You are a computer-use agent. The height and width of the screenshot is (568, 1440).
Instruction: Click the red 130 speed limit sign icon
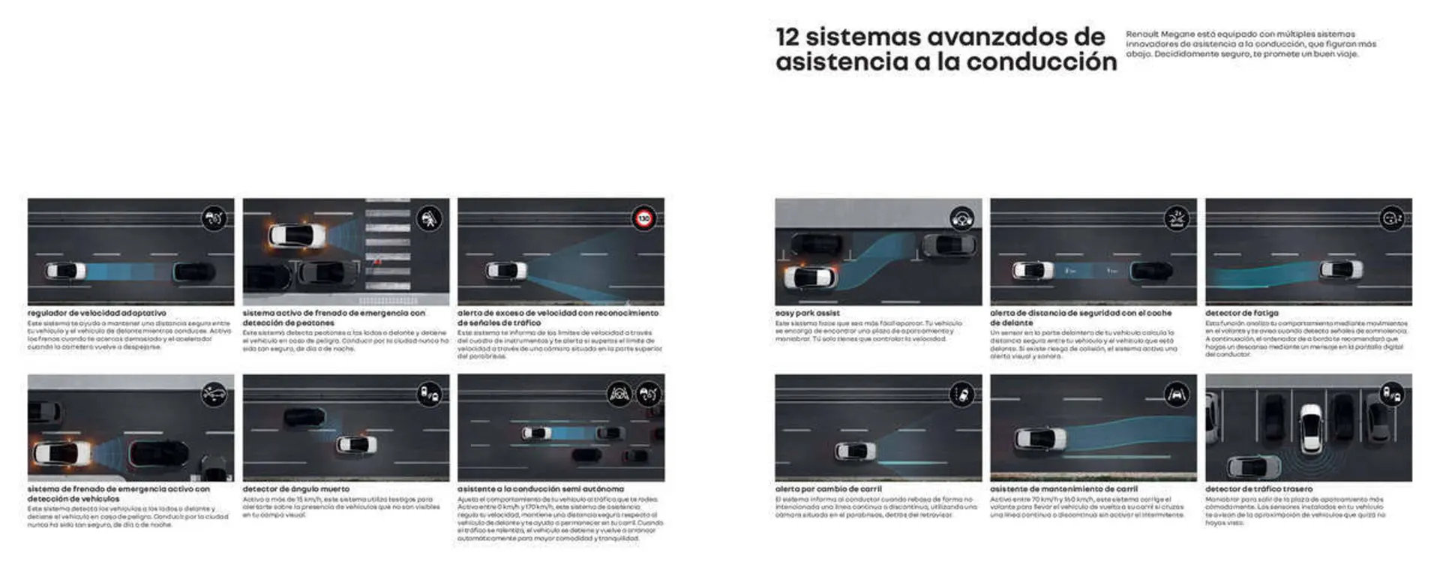[643, 219]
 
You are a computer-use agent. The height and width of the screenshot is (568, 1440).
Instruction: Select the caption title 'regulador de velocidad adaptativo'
[97, 313]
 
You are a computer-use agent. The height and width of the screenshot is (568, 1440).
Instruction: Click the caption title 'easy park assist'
[807, 313]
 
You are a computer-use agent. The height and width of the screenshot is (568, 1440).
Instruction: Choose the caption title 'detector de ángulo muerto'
[295, 488]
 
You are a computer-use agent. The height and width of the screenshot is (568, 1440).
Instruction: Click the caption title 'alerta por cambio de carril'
[828, 488]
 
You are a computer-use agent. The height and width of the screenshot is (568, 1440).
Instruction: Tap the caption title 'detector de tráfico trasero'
[1258, 488]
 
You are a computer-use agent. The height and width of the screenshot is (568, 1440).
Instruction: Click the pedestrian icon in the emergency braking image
[429, 219]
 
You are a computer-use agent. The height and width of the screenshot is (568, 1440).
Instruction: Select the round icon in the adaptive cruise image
[214, 219]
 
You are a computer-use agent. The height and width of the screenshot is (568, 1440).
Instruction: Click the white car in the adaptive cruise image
[65, 271]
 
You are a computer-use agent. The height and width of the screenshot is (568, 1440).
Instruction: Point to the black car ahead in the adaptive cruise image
[194, 272]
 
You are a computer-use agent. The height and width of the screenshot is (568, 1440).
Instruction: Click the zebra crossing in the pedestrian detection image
[387, 251]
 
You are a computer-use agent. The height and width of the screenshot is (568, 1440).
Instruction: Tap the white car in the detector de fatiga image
[1340, 269]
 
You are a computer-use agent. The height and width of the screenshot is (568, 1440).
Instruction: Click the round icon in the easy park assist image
[961, 219]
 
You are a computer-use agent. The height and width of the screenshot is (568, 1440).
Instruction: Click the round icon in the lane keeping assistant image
[1176, 395]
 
